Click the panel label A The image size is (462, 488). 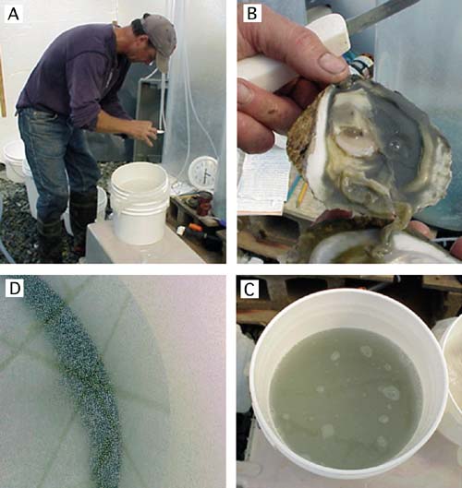tap(13, 15)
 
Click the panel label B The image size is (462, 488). tap(251, 13)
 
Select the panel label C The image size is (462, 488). tap(249, 289)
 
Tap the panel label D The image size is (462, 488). tap(15, 289)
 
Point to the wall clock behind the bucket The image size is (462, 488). tap(202, 173)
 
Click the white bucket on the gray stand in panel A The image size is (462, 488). tap(140, 202)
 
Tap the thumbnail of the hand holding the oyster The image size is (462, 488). tap(333, 63)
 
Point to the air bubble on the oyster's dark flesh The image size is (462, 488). tap(395, 145)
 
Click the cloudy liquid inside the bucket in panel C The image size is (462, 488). tap(346, 399)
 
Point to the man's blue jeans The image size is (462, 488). tap(57, 161)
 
